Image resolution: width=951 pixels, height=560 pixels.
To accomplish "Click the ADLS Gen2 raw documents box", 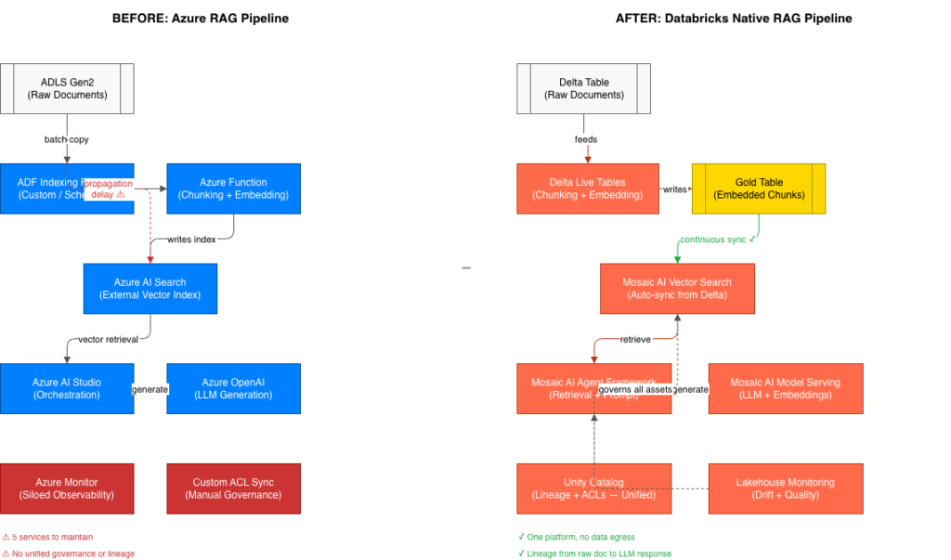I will (67, 88).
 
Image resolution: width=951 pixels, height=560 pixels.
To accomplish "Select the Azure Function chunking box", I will (234, 189).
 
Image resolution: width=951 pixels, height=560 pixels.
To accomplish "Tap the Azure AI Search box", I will (150, 288).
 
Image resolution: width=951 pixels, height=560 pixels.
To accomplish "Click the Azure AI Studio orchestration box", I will (67, 388).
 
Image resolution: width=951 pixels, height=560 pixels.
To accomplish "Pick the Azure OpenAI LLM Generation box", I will (234, 388).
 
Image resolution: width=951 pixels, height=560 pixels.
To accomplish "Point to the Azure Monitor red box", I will (67, 488).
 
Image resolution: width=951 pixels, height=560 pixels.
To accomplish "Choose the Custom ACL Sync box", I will (234, 488).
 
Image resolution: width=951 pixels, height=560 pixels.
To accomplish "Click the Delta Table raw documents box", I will (584, 88).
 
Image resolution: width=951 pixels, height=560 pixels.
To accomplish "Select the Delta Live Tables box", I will (587, 189).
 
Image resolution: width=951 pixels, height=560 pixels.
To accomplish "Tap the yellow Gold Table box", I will (759, 189).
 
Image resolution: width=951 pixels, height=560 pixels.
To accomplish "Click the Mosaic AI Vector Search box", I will (677, 288).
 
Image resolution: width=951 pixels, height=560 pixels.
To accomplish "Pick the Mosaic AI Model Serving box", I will (785, 388).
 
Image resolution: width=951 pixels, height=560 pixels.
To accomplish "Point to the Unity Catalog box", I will (593, 488).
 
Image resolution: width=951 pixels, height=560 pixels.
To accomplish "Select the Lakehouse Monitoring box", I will (785, 488).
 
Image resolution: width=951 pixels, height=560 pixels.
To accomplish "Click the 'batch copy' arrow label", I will (67, 139).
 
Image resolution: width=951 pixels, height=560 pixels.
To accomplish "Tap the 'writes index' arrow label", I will (192, 240).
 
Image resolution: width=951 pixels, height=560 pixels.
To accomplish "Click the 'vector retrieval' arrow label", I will (109, 339).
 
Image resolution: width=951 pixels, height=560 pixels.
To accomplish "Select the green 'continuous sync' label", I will (718, 240).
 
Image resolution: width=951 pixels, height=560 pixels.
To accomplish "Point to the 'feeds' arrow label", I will (585, 139).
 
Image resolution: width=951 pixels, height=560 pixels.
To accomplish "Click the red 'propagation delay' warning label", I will (109, 189).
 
